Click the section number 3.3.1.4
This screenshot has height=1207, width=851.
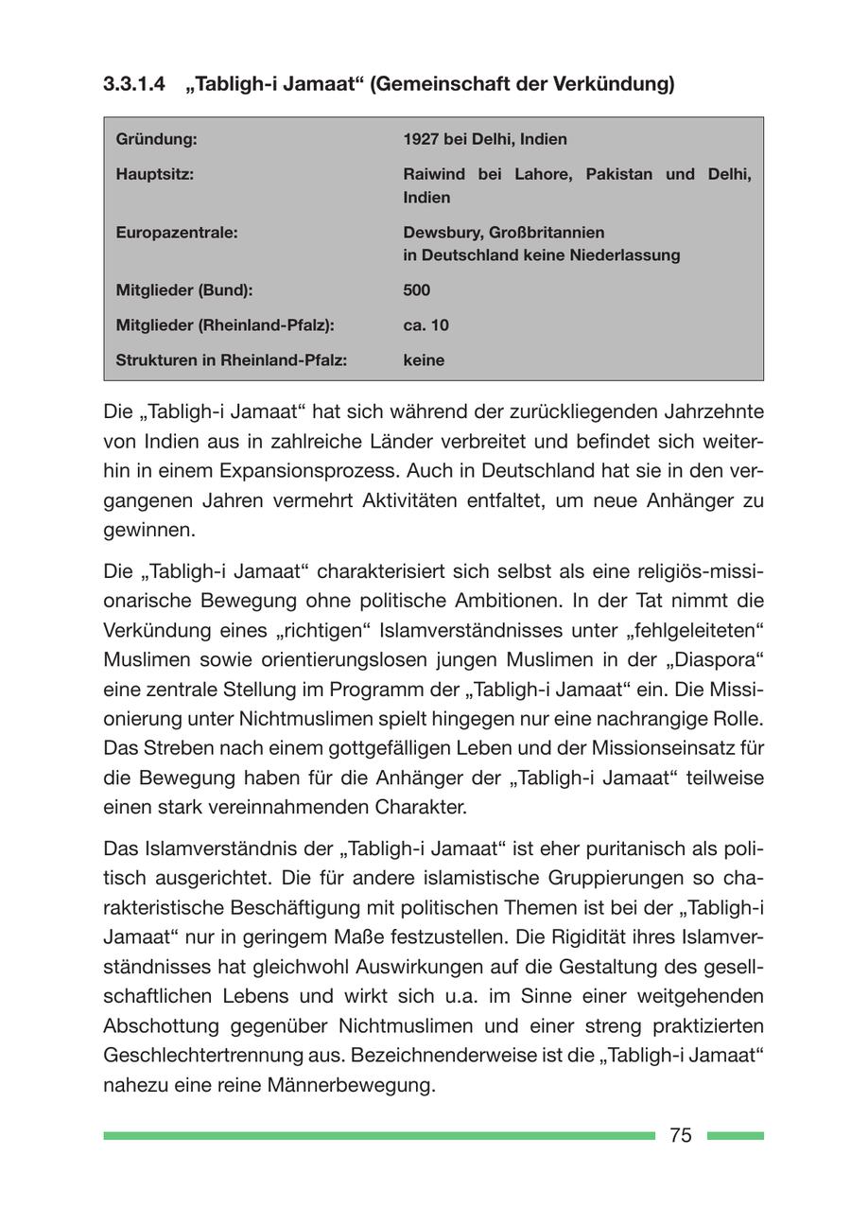[133, 85]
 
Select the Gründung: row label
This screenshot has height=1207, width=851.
[156, 139]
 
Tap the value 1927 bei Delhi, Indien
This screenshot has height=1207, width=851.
[485, 139]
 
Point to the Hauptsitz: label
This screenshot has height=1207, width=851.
[154, 174]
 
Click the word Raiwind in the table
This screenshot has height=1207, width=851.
[435, 174]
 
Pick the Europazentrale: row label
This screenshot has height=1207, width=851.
[176, 232]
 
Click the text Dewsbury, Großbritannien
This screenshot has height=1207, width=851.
[504, 232]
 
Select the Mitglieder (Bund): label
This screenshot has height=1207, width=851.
[183, 289]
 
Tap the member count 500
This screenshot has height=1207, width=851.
[416, 289]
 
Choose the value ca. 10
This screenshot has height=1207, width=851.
[425, 324]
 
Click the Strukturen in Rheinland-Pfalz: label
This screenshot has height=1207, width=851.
[231, 359]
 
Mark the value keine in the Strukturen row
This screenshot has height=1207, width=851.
[424, 359]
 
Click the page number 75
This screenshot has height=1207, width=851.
[681, 1135]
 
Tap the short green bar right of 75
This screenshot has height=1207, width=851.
[735, 1135]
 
